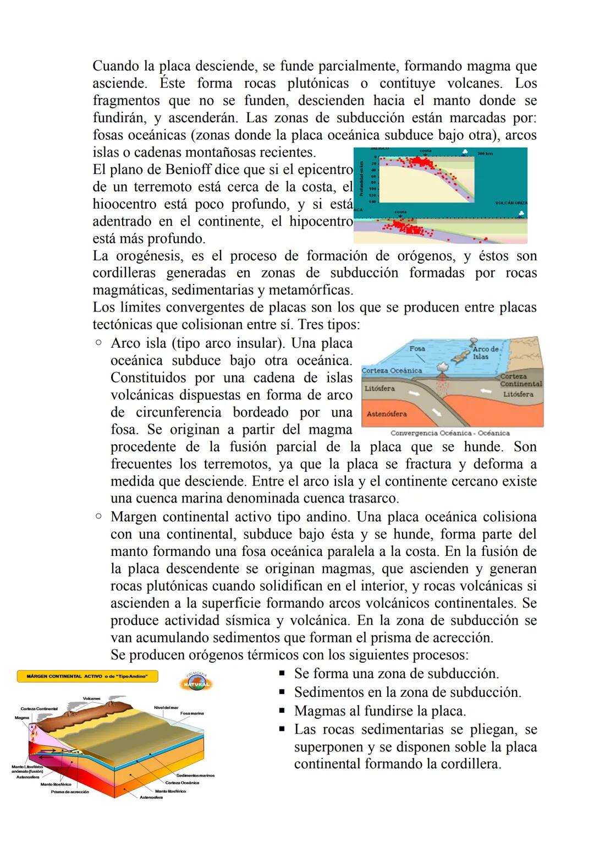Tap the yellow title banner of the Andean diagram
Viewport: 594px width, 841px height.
point(87,676)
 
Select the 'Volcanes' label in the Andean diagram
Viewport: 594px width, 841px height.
point(91,698)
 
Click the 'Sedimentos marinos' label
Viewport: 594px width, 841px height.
point(195,775)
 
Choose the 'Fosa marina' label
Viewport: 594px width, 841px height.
point(192,713)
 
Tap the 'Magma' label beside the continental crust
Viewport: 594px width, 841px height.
point(22,718)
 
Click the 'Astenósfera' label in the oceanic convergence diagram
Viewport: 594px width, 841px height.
point(387,414)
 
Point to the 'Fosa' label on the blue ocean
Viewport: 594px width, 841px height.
point(417,349)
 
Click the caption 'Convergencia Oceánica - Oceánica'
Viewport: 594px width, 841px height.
point(450,433)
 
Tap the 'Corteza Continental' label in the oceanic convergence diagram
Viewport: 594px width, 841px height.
point(521,380)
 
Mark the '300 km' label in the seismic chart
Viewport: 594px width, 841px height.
point(485,154)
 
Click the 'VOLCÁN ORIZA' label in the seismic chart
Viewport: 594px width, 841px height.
point(511,203)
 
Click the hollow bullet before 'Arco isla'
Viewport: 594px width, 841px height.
point(98,343)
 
